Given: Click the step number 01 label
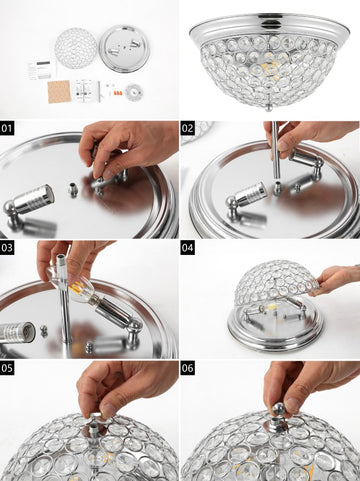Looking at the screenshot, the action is (7, 128).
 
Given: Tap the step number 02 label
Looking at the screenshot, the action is (188, 128).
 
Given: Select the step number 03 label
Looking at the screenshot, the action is (7, 248).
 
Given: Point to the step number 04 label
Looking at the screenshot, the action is (188, 248).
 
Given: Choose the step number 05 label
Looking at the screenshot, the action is (7, 368).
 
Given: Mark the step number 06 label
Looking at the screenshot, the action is (188, 368).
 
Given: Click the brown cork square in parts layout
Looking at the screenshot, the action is (59, 91).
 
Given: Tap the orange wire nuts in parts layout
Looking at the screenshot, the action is (117, 92).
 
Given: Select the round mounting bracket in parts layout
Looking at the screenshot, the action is (134, 92).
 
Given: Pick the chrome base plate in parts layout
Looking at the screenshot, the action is (125, 49).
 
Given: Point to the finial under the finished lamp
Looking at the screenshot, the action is (270, 108).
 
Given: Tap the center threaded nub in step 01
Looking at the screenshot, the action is (73, 190).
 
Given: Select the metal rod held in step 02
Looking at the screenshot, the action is (275, 150).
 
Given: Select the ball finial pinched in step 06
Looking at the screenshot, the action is (278, 409).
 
